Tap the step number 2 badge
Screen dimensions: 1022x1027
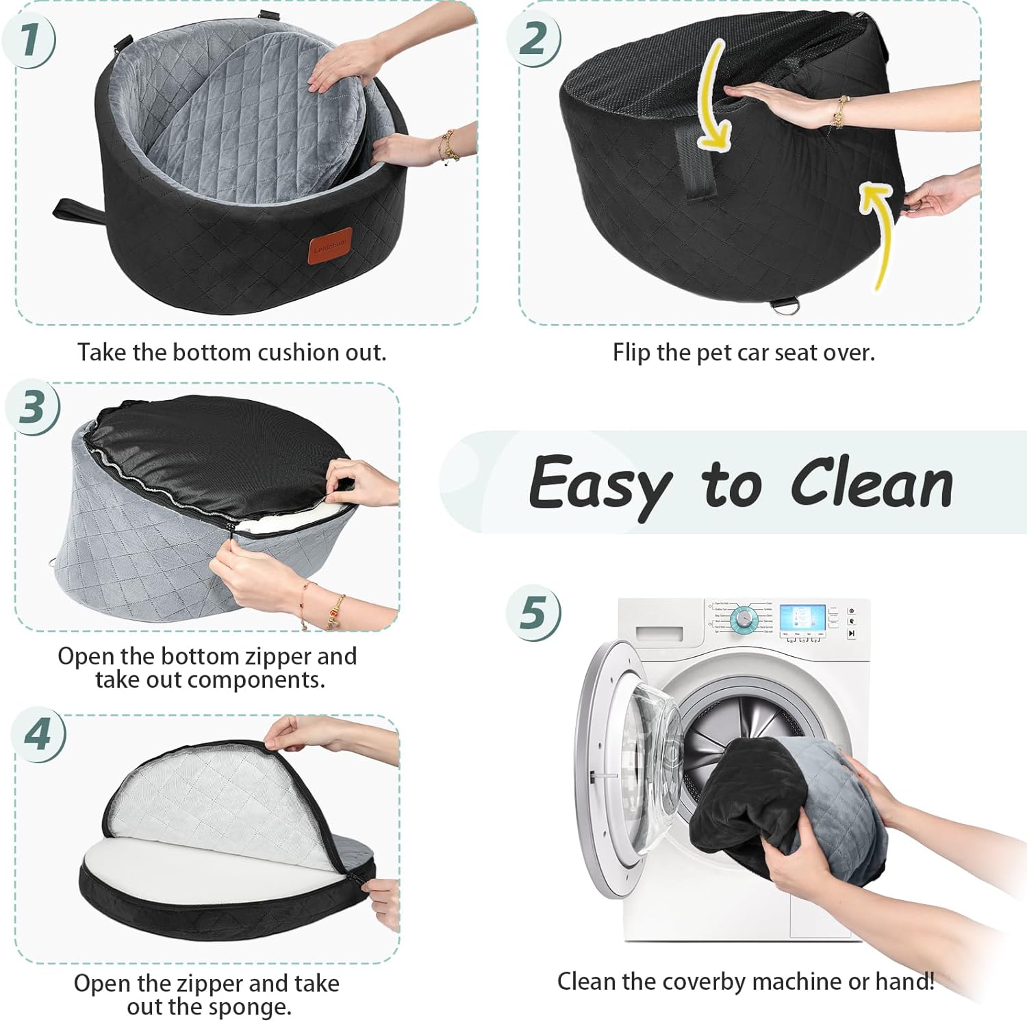[533, 38]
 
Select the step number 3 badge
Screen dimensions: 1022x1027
[32, 408]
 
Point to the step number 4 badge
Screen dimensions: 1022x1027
[38, 736]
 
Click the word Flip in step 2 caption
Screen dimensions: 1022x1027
[631, 353]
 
